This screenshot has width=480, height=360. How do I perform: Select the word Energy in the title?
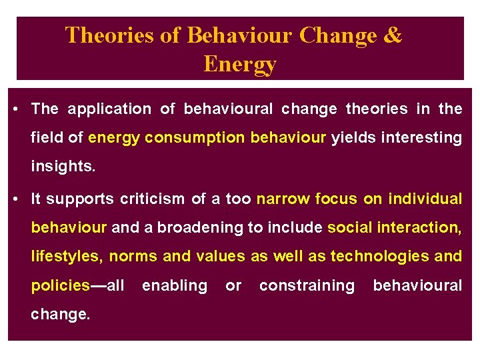pyautogui.click(x=239, y=65)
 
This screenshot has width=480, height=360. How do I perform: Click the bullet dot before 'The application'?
pyautogui.click(x=15, y=109)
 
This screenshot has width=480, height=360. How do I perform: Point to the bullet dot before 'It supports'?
pyautogui.click(x=15, y=199)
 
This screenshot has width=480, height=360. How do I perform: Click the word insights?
pyautogui.click(x=63, y=167)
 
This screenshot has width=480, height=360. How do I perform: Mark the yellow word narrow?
pyautogui.click(x=283, y=199)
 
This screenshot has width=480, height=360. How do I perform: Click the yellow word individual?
pyautogui.click(x=425, y=199)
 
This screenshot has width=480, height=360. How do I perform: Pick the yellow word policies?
pyautogui.click(x=60, y=285)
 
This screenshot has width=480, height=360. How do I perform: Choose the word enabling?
pyautogui.click(x=175, y=285)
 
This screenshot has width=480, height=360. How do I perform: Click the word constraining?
pyautogui.click(x=307, y=285)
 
